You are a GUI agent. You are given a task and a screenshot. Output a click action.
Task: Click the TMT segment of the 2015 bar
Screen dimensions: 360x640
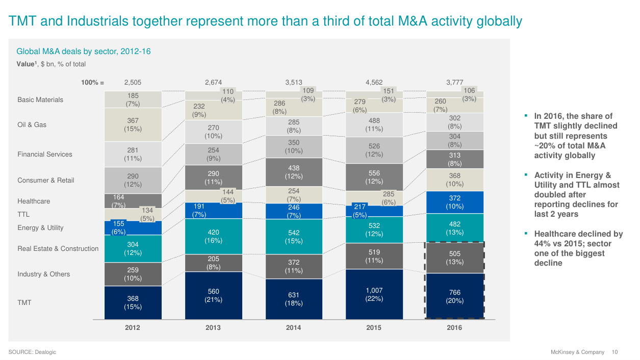point(374,294)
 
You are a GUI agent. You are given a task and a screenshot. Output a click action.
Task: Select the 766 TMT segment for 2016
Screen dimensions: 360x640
point(454,296)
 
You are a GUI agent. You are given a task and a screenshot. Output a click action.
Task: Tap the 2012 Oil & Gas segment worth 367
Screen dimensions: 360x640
point(133,124)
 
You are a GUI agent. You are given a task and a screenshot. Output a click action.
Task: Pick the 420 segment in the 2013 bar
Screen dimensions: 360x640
point(213,236)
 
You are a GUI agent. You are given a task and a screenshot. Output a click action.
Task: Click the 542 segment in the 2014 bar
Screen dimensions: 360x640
point(294,237)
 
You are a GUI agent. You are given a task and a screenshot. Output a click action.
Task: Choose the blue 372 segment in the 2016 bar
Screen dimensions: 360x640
point(454,202)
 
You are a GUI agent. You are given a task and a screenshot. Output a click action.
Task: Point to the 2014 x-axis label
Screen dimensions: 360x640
point(294,328)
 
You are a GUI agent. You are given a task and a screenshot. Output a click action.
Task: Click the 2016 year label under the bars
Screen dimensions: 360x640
point(454,328)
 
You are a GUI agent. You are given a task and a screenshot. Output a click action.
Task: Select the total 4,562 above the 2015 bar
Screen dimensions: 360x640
point(374,82)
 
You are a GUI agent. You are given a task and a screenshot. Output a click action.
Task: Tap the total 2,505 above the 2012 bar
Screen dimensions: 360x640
point(133,82)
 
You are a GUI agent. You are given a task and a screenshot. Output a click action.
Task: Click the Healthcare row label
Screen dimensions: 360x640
point(34,201)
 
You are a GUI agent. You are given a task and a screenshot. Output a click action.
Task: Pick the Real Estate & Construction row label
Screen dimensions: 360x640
point(58,249)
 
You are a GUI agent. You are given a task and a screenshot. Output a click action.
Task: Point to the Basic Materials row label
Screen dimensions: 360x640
point(40,100)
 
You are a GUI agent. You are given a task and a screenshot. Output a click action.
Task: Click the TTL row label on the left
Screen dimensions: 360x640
point(23,215)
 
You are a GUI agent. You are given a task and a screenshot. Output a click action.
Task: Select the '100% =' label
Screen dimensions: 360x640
point(92,82)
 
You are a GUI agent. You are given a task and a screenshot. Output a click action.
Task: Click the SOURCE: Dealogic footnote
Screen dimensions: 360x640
point(32,352)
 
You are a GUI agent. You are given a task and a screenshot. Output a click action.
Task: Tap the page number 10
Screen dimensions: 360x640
point(615,352)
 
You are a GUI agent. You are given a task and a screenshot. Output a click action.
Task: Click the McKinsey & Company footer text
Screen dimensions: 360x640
point(577,352)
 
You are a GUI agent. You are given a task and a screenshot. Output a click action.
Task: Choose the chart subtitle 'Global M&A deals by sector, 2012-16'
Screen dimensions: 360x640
point(84,52)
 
